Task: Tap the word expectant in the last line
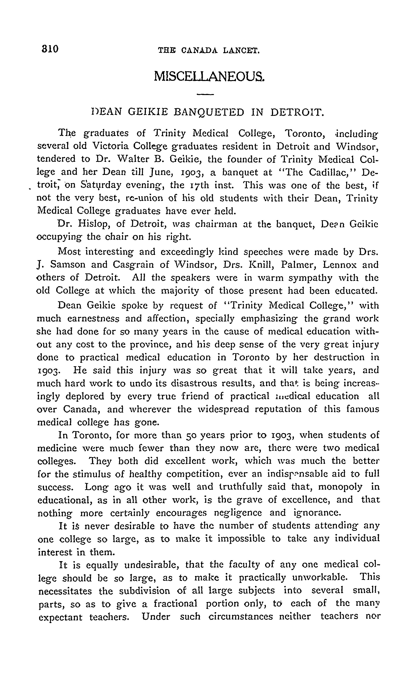click(x=60, y=617)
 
